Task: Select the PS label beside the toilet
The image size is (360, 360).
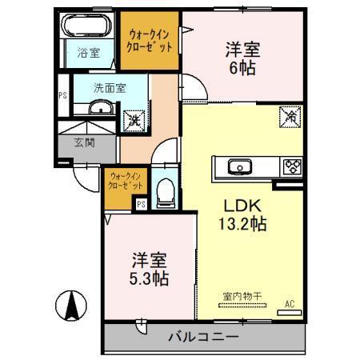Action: tap(142, 204)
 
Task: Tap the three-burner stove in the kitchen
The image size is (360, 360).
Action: tap(291, 167)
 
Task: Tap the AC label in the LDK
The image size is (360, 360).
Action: tap(290, 303)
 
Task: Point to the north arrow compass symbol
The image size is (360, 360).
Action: tap(72, 305)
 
